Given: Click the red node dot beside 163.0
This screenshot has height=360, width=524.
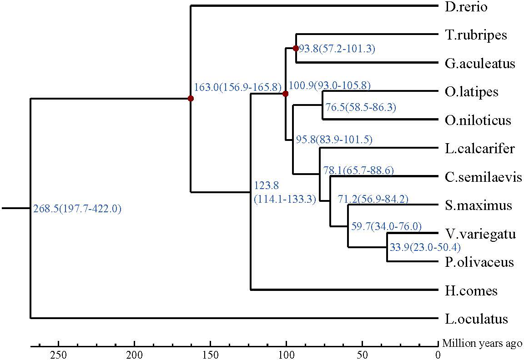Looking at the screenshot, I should (x=191, y=98).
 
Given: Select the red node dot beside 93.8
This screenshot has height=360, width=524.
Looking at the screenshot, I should (x=296, y=48).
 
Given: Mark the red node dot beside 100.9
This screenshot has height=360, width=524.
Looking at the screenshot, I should (x=285, y=94).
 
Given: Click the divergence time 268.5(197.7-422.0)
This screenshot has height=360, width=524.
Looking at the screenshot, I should (x=77, y=210).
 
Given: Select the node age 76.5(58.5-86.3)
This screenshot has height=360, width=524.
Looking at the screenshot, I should (x=361, y=108).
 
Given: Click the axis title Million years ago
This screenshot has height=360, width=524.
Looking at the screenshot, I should (x=482, y=343).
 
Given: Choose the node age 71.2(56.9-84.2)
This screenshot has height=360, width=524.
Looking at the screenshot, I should (x=373, y=199).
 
